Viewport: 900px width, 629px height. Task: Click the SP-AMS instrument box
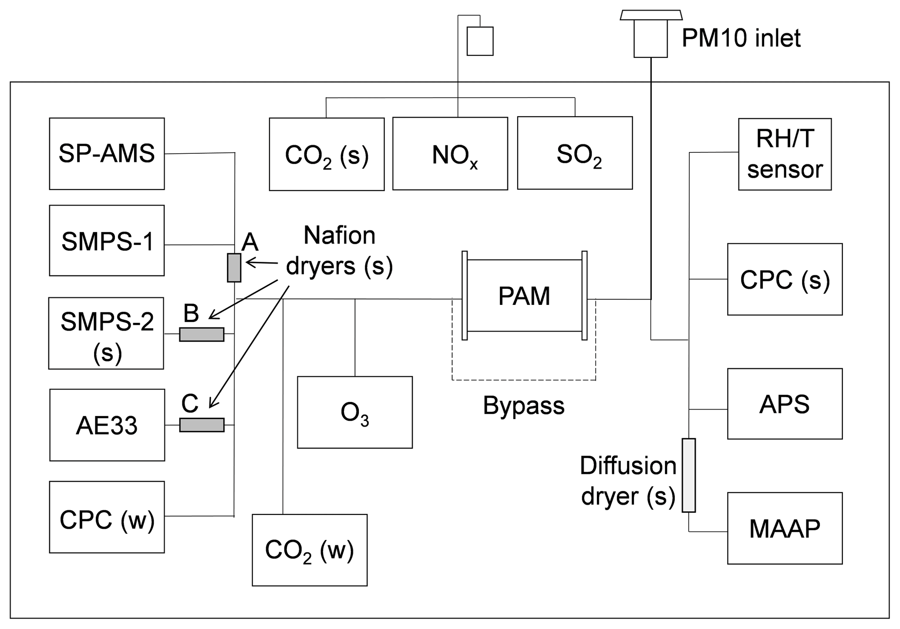tap(107, 153)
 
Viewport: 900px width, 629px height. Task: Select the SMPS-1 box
tap(107, 240)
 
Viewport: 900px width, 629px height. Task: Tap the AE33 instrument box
tap(107, 425)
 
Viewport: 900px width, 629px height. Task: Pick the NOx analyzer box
tap(450, 154)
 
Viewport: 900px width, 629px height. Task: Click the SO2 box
tap(575, 153)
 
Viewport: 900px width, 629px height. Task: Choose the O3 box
tap(354, 412)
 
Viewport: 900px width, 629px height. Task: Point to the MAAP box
tap(785, 528)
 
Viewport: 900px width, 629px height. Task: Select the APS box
tap(785, 404)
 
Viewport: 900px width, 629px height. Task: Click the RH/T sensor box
tap(785, 154)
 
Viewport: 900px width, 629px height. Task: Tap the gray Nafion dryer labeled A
tap(234, 267)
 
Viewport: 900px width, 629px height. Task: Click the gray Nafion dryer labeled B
tap(202, 334)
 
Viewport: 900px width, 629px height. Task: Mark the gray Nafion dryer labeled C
tap(202, 425)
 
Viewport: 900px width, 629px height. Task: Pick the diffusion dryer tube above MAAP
tap(688, 475)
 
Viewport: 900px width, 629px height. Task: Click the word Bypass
tap(523, 406)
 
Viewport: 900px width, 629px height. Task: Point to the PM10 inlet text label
tap(741, 38)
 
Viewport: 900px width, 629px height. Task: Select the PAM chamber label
tap(524, 296)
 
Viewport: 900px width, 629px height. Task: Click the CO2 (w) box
tap(310, 550)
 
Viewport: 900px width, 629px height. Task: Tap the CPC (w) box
tap(107, 517)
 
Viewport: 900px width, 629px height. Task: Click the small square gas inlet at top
tap(480, 41)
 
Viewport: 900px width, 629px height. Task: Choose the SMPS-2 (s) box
tap(106, 333)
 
